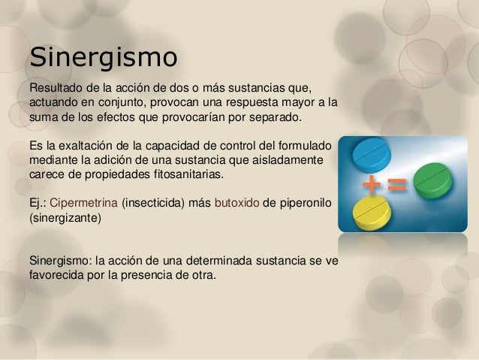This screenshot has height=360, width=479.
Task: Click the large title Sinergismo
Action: (103, 57)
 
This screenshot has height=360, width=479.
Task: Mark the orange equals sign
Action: (397, 184)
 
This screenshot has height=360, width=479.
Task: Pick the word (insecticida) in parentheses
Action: (166, 204)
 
